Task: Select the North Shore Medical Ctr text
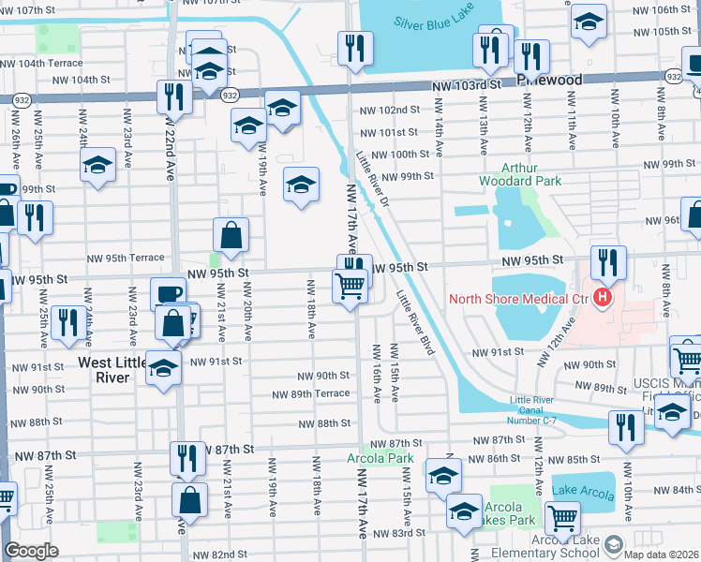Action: point(517,300)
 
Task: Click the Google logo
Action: point(31,552)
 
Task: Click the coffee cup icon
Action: point(168,293)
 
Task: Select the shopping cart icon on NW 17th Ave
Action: point(350,285)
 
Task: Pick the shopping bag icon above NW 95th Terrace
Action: point(231,235)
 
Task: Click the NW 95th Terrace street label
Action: point(126,258)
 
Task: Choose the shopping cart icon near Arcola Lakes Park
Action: point(562,517)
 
